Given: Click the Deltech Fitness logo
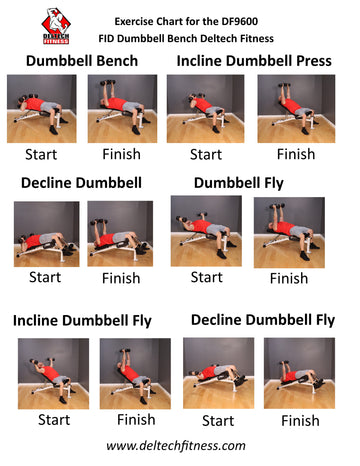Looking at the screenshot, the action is [56, 26].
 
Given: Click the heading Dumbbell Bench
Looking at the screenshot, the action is [82, 61].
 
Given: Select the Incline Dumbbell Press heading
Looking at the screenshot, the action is [254, 61].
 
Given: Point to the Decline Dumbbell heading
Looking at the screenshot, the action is [81, 183].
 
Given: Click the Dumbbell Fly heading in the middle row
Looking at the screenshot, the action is [239, 183].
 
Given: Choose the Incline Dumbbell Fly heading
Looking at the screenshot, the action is [82, 321].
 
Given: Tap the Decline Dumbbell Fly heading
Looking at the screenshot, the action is [263, 320].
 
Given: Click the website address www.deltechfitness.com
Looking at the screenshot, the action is [176, 446].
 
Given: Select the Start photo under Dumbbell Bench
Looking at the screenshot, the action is [42, 109].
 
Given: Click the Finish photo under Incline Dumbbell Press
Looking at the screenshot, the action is [296, 109].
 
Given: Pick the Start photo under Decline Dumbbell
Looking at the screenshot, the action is [47, 234].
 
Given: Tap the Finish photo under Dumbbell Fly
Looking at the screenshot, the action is [289, 232].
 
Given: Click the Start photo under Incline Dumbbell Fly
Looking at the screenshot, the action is [53, 374].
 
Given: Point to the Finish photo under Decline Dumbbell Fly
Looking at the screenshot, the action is [299, 373].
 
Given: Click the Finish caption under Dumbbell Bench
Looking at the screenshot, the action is [121, 154].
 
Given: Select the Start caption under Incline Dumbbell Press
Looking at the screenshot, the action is [206, 155].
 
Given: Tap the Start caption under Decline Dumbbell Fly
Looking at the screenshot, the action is [218, 421].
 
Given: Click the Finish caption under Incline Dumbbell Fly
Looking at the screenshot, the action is [136, 420].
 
